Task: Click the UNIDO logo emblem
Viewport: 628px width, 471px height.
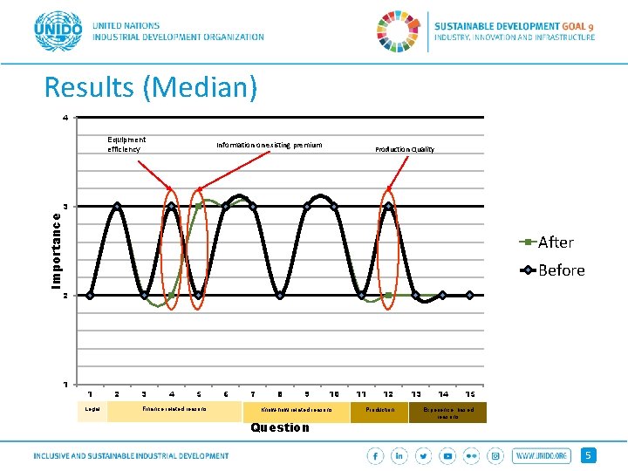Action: click(58, 33)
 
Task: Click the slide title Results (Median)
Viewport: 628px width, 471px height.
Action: click(151, 87)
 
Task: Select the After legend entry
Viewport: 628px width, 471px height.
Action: click(555, 242)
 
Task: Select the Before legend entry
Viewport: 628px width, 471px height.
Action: click(560, 270)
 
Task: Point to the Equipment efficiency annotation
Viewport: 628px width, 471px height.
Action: click(126, 144)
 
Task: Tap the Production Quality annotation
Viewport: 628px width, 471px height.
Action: click(405, 149)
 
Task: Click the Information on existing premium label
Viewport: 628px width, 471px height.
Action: click(270, 145)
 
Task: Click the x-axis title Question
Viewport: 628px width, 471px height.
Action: click(279, 427)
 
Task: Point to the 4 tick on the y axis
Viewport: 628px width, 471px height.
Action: click(64, 118)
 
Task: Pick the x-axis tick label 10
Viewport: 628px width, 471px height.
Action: click(334, 394)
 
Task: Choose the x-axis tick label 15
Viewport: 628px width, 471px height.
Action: click(470, 394)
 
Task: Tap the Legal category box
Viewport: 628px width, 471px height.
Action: click(92, 409)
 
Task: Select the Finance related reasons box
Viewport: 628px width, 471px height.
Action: click(174, 409)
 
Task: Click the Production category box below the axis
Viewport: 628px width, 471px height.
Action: click(379, 409)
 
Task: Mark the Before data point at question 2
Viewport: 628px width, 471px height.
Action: click(117, 206)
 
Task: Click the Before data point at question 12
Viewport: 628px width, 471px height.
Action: click(388, 206)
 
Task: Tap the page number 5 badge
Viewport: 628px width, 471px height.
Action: click(590, 455)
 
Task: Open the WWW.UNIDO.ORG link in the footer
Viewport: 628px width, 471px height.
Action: click(542, 455)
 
